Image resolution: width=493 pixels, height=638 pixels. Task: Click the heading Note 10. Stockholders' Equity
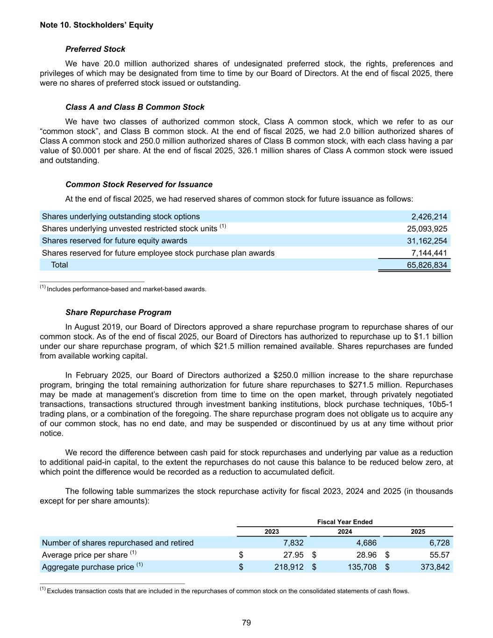[x=97, y=25]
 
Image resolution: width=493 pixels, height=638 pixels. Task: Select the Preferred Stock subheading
[x=95, y=49]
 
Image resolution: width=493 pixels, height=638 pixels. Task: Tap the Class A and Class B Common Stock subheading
[x=135, y=107]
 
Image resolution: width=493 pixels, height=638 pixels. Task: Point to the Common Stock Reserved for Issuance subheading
[x=139, y=184]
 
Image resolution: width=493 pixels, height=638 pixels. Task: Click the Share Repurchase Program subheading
[x=118, y=312]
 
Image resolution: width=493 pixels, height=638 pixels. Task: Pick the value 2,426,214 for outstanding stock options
[x=429, y=216]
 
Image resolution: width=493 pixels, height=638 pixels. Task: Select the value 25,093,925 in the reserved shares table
[x=427, y=229]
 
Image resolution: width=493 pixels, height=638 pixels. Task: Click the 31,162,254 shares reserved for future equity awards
[x=427, y=241]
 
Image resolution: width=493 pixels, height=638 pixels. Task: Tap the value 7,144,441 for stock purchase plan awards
[x=429, y=253]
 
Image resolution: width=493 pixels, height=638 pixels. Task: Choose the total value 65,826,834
[x=427, y=265]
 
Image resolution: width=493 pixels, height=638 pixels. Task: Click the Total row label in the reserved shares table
[x=59, y=265]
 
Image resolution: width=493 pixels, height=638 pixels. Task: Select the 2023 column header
[x=272, y=531]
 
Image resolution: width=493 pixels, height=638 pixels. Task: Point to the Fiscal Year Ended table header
[x=345, y=522]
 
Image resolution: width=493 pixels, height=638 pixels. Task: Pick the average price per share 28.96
[x=366, y=555]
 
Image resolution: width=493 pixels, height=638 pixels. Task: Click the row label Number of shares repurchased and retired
[x=118, y=543]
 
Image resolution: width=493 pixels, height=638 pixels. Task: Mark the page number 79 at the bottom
[x=247, y=623]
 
